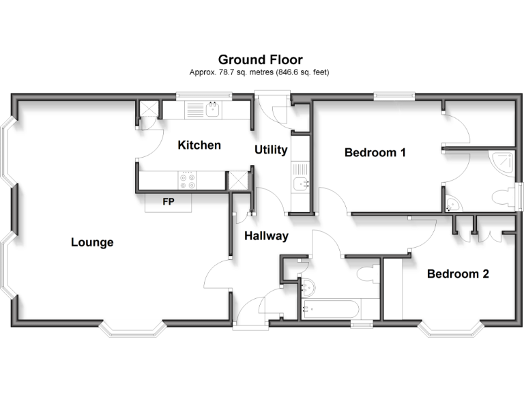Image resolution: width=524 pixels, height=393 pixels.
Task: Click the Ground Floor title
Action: point(260,60)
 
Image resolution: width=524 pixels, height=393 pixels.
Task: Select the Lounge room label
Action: point(92,242)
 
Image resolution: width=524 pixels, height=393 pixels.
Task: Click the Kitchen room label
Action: point(199,145)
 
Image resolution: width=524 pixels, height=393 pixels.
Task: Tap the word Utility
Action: point(271,149)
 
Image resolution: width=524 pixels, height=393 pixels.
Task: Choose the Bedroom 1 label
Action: point(375,152)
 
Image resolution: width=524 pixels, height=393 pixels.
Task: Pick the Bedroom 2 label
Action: point(458,274)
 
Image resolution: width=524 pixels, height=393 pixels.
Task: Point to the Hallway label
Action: point(266,236)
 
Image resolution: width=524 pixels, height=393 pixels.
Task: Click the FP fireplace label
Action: point(168,202)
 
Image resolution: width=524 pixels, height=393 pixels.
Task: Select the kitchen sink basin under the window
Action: point(213,108)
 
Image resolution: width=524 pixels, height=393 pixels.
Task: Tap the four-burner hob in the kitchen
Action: point(187,180)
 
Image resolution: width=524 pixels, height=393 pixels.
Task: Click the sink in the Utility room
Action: point(301,183)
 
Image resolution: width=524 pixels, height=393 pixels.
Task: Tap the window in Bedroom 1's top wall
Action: point(393,97)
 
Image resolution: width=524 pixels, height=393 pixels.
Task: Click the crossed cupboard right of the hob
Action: point(238,179)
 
